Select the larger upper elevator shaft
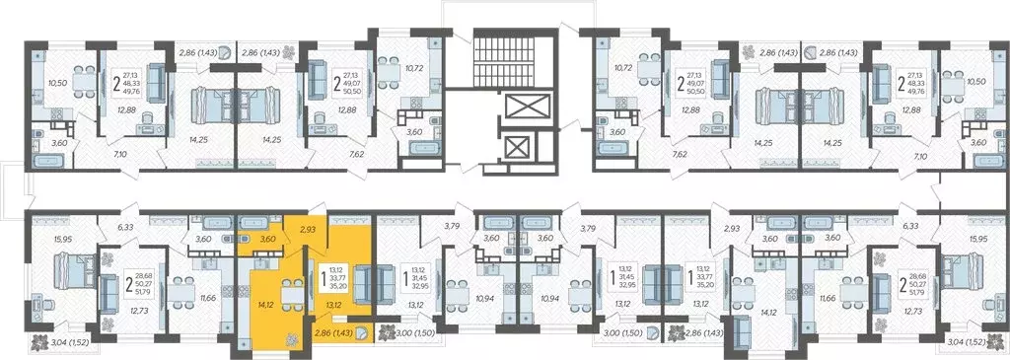[x=517, y=108]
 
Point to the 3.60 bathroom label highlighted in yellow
[x=266, y=239]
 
